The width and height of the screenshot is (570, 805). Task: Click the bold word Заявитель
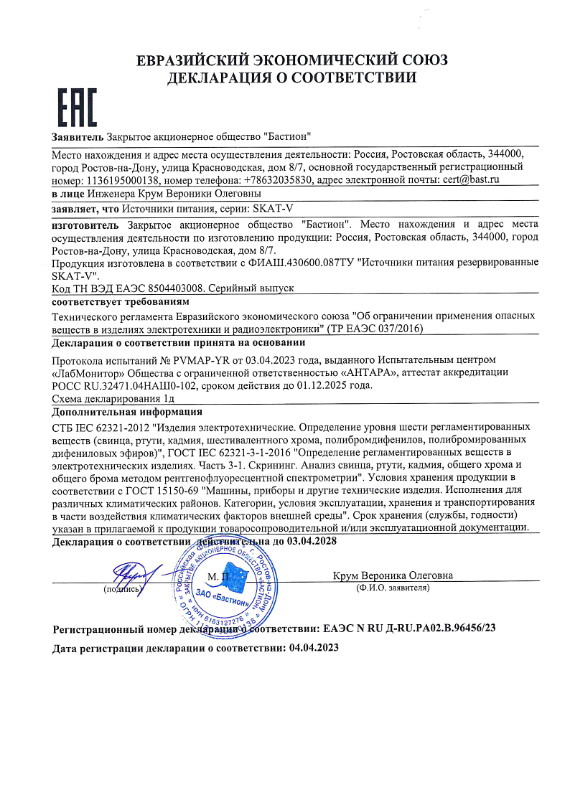click(x=78, y=136)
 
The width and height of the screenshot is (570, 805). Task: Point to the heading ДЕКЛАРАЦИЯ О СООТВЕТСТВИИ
click(x=291, y=78)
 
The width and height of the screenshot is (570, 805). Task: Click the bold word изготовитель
click(x=87, y=225)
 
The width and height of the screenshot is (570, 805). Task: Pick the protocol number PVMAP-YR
click(x=189, y=359)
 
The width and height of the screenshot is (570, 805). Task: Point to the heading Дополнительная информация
click(x=127, y=412)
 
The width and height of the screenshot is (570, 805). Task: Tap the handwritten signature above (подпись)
click(x=129, y=574)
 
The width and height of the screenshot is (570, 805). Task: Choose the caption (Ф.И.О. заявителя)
click(x=393, y=588)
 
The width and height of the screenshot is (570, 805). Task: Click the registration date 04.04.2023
click(x=313, y=647)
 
